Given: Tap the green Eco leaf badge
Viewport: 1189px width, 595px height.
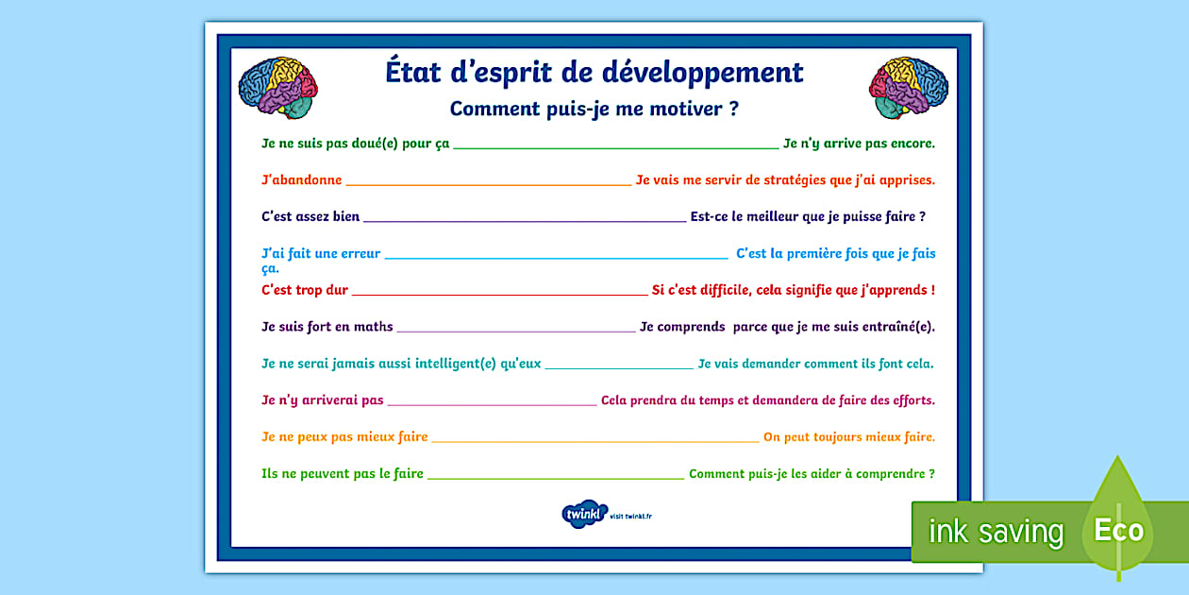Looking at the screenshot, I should click(1118, 527).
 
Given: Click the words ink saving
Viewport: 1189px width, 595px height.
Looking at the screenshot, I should click(996, 532).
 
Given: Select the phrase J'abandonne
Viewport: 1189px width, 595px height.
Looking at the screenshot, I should click(301, 179).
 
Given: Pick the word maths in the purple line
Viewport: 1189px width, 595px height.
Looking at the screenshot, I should click(373, 327).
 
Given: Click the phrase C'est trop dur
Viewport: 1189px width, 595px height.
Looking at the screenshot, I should click(305, 290).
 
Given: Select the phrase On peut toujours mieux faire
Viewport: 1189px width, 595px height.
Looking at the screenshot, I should click(848, 437).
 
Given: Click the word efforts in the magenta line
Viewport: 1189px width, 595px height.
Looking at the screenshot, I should click(911, 400).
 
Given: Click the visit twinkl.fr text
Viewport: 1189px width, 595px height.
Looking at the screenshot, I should click(631, 517).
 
